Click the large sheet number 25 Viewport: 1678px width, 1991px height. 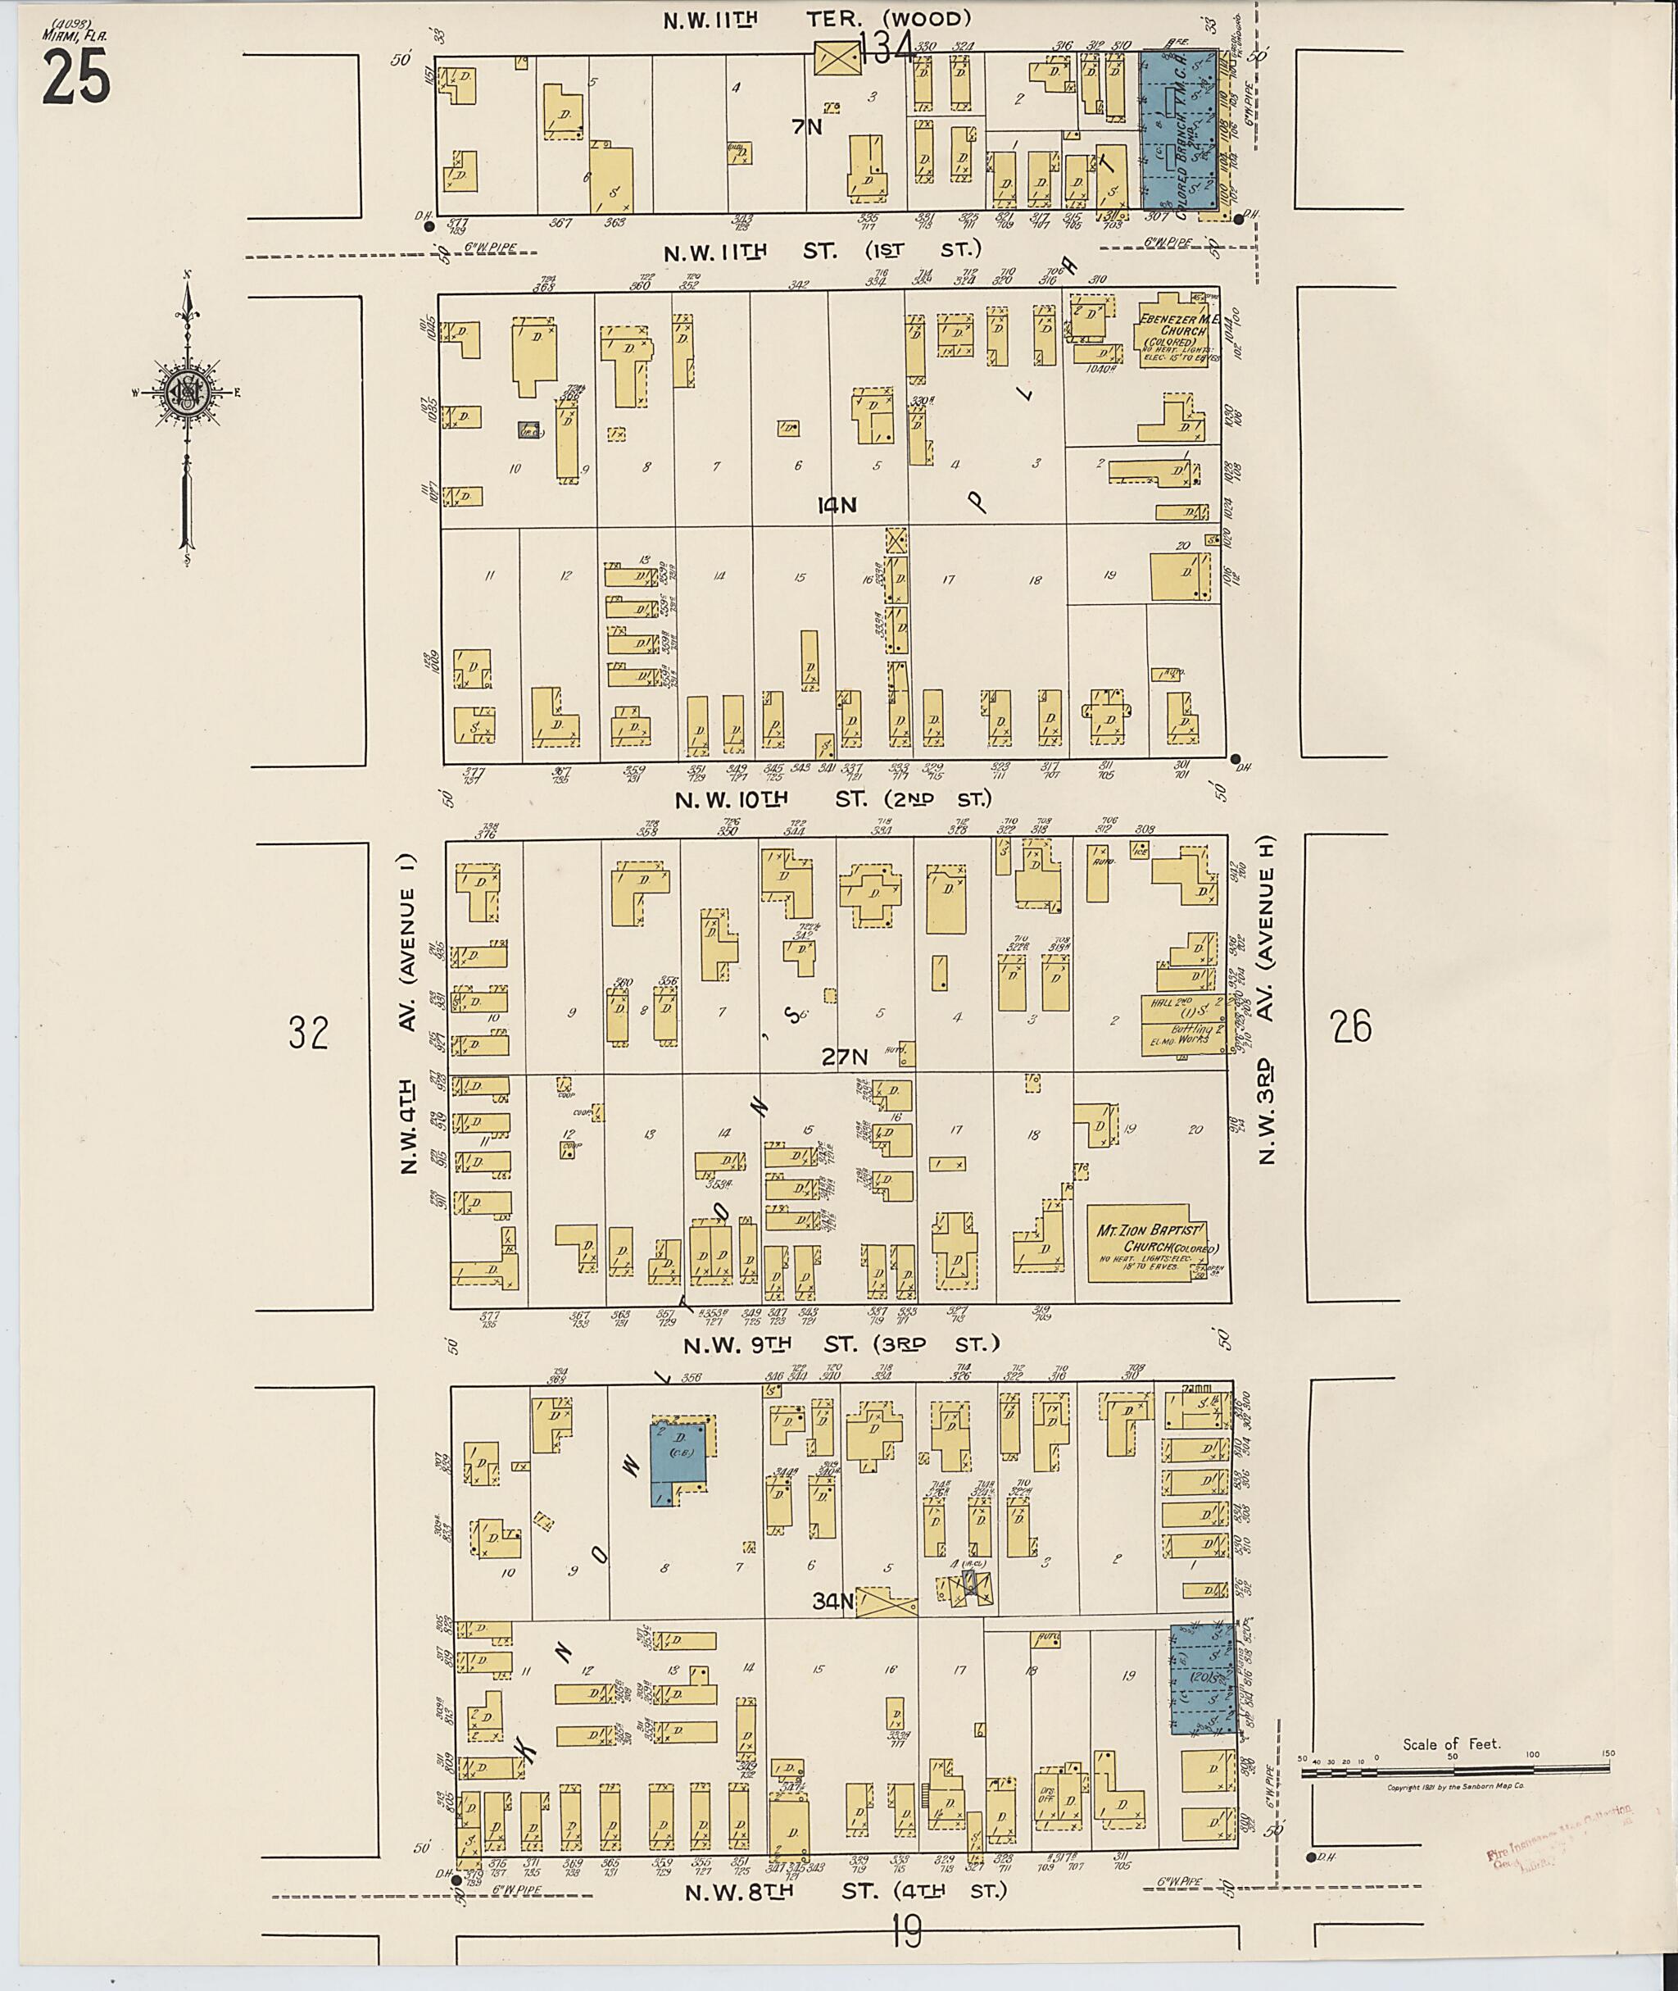pyautogui.click(x=76, y=76)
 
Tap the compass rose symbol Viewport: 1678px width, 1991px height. pyautogui.click(x=188, y=391)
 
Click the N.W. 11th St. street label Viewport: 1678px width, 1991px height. pyautogui.click(x=822, y=252)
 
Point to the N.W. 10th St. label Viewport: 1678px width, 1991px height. pyautogui.click(x=833, y=799)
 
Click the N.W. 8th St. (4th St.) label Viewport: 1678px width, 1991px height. pyautogui.click(x=846, y=1890)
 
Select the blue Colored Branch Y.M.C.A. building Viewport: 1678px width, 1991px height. pyautogui.click(x=1180, y=129)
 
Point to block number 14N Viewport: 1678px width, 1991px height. pyautogui.click(x=837, y=507)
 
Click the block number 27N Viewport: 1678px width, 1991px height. pyautogui.click(x=846, y=1057)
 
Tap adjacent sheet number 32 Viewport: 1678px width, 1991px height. pyautogui.click(x=309, y=1033)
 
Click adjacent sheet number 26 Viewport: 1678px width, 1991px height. pyautogui.click(x=1352, y=1027)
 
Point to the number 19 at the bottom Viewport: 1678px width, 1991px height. pyautogui.click(x=908, y=1932)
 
